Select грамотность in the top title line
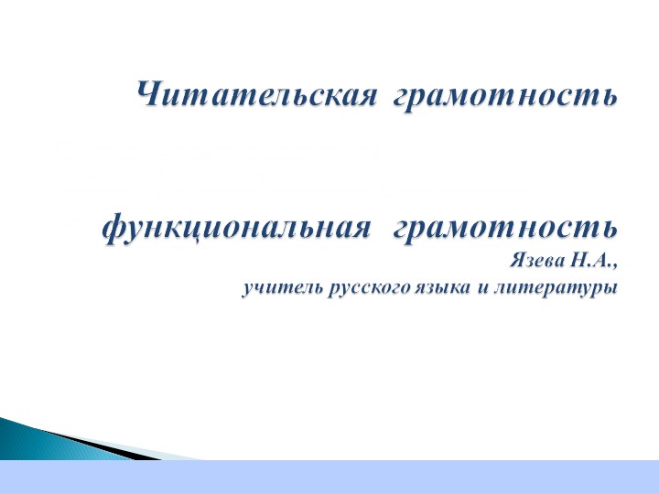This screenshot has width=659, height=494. coord(504,95)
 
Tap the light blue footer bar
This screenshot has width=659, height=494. coord(366,477)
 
